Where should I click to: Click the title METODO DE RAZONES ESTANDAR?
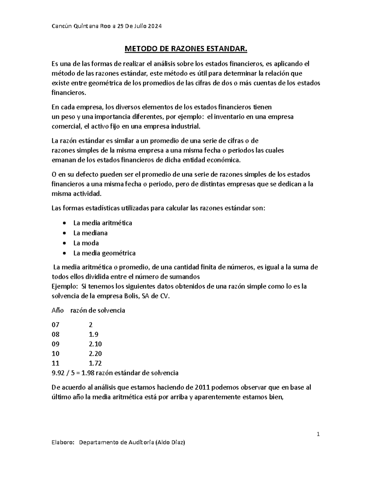pyautogui.click(x=186, y=49)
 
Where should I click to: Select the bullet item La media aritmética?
pyautogui.click(x=103, y=223)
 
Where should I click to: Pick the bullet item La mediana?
pyautogui.click(x=90, y=233)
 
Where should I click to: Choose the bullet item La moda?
pyautogui.click(x=86, y=243)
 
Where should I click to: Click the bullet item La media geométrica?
pyautogui.click(x=104, y=253)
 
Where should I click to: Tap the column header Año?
pyautogui.click(x=57, y=310)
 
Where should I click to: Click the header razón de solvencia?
pyautogui.click(x=98, y=310)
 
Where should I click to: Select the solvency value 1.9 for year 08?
pyautogui.click(x=93, y=335)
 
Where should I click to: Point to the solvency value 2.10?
pyautogui.click(x=95, y=344)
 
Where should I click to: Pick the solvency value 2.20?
pyautogui.click(x=95, y=354)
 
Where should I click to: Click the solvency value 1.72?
pyautogui.click(x=95, y=363)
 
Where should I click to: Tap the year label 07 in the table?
pyautogui.click(x=55, y=325)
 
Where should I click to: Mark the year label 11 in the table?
pyautogui.click(x=55, y=363)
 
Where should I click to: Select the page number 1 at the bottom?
pyautogui.click(x=318, y=434)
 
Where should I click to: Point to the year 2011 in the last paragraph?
pyautogui.click(x=204, y=387)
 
